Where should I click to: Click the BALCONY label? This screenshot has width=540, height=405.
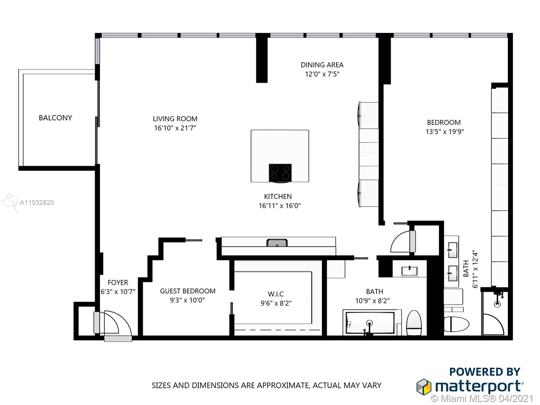(x=55, y=118)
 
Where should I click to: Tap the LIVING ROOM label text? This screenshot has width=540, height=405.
(x=175, y=119)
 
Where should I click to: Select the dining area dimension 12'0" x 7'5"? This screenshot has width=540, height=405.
(x=322, y=74)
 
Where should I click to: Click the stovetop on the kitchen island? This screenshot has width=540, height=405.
(x=280, y=173)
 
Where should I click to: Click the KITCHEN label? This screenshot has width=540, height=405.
(x=278, y=196)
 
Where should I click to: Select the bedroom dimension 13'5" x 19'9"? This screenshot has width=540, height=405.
(x=445, y=132)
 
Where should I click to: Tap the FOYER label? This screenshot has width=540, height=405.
(x=118, y=282)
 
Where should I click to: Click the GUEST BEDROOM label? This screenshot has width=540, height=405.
(x=188, y=291)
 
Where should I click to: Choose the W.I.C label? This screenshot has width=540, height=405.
(x=276, y=294)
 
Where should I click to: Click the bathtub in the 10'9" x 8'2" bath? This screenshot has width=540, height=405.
(x=370, y=323)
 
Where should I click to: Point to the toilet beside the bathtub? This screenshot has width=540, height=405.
(x=414, y=323)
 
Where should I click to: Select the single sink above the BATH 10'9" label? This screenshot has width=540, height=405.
(x=409, y=271)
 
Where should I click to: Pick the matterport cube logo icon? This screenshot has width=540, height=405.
(x=423, y=387)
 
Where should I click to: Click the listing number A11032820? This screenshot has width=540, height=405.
(x=37, y=203)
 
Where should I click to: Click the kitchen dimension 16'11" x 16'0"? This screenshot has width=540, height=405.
(x=280, y=206)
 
